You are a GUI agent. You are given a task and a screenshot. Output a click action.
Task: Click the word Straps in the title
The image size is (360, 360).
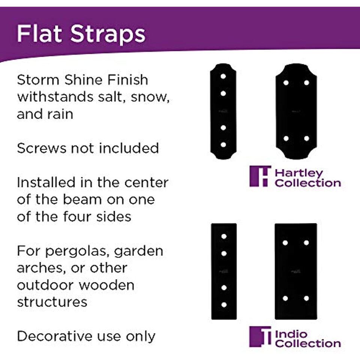point(108,34)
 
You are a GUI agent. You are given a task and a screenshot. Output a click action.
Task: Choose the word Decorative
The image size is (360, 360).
point(54,336)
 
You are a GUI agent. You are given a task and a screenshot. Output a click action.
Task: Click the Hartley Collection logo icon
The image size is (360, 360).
point(260,176)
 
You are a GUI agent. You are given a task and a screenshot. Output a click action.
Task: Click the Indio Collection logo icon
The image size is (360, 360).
point(260,336)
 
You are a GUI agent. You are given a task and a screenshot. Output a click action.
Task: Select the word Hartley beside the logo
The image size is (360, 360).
point(299,174)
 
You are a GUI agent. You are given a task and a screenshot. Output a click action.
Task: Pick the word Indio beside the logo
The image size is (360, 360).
point(291,334)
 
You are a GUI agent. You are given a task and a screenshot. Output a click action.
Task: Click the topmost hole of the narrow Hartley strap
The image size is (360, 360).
point(223,76)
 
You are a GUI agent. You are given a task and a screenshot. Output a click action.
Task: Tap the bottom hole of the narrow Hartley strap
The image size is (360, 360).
point(223,145)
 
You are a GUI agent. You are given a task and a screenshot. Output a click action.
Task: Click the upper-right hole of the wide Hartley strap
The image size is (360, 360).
point(306,82)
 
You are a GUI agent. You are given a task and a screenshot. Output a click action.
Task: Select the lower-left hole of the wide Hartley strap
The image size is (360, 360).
point(286,138)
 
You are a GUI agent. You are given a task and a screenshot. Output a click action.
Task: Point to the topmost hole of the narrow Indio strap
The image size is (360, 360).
point(224,236)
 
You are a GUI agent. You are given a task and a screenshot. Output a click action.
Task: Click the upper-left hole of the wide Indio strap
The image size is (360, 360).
point(285,243)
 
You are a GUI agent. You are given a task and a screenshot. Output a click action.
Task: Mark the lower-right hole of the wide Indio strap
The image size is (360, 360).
point(306,298)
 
